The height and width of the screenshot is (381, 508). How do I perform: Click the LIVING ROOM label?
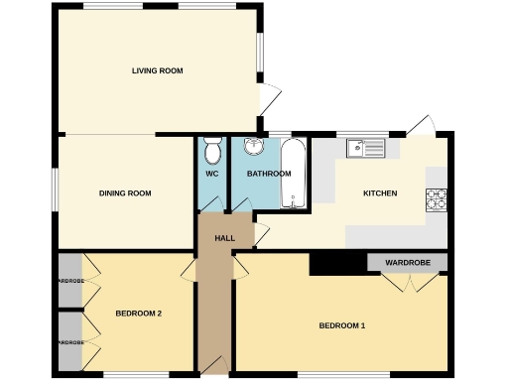point(158,70)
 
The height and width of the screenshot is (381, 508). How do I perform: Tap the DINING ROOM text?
point(125,192)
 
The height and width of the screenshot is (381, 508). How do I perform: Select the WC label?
point(211,174)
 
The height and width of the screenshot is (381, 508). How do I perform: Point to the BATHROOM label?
point(269,174)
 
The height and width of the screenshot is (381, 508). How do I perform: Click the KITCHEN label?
point(380,192)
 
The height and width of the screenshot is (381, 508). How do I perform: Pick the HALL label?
point(225,238)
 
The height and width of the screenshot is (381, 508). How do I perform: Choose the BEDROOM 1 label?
point(342,325)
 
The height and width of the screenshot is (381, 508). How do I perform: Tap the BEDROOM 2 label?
point(138,314)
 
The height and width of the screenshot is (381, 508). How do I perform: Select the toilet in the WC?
point(212,152)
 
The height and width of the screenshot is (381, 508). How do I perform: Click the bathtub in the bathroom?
point(295,174)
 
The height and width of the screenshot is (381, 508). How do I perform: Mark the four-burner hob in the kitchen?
point(437,199)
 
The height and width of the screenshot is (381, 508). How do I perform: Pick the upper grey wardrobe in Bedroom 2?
point(69,281)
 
